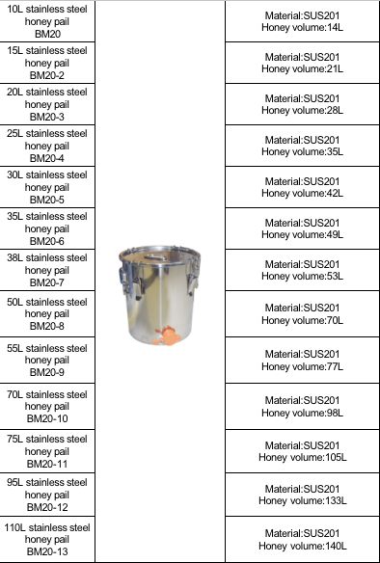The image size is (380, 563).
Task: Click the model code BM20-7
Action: (x=47, y=282)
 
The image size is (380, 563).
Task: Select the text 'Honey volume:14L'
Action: (x=302, y=29)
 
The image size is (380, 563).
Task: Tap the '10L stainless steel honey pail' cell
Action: (x=47, y=20)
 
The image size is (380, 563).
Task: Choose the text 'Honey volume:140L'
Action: (x=302, y=545)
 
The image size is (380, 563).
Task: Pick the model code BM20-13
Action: (x=47, y=552)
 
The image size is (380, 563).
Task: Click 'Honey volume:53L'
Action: (x=302, y=276)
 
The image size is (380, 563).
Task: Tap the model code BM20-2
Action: (x=47, y=74)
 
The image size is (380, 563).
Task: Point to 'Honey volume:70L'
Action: (x=302, y=319)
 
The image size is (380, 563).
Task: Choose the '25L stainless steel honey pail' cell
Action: (x=47, y=146)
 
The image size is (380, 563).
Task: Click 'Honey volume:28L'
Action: (x=302, y=111)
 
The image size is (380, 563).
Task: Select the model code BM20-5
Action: (x=47, y=200)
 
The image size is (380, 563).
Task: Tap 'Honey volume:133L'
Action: (x=302, y=500)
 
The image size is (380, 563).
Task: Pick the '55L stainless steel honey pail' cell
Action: (x=47, y=360)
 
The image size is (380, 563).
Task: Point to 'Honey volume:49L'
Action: (x=302, y=234)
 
